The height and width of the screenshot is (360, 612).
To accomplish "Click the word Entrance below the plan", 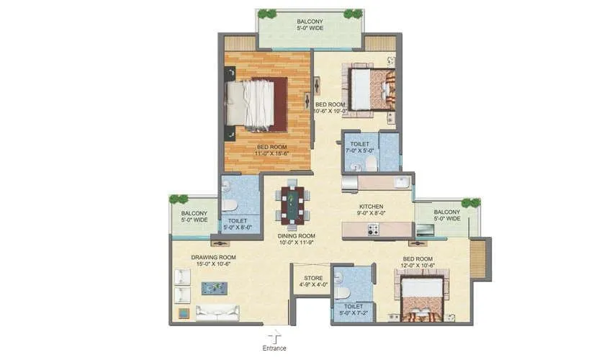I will point(274,348).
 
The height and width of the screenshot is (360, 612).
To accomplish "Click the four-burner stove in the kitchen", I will point(374,230).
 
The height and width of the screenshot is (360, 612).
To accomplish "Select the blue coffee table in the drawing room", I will point(214,289).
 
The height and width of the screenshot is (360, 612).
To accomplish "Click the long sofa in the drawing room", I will point(217,312).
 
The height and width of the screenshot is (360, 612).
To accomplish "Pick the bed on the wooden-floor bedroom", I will point(256,105).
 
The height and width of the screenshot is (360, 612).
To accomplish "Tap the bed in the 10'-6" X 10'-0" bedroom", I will point(371,90).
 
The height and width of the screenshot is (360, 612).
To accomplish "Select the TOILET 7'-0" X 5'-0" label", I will point(360,148).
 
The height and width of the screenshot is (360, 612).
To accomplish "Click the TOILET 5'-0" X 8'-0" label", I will point(238,225).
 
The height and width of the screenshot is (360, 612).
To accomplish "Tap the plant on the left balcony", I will point(178,199).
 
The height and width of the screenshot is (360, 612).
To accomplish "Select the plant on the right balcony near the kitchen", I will point(470,203).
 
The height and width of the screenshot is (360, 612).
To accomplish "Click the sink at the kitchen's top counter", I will point(349,182).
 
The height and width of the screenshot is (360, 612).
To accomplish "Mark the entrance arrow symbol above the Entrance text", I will point(274,336).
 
